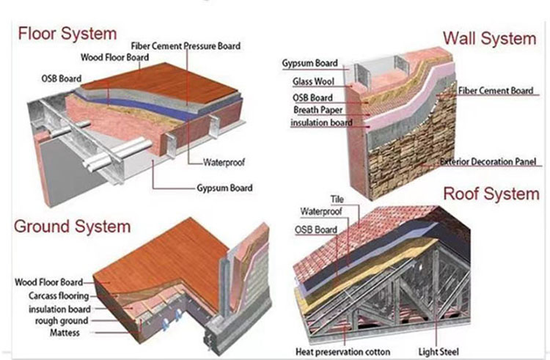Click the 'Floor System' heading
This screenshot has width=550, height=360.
(67, 34)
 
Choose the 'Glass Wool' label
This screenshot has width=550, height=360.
(315, 81)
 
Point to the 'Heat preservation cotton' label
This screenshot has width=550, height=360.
(342, 351)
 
